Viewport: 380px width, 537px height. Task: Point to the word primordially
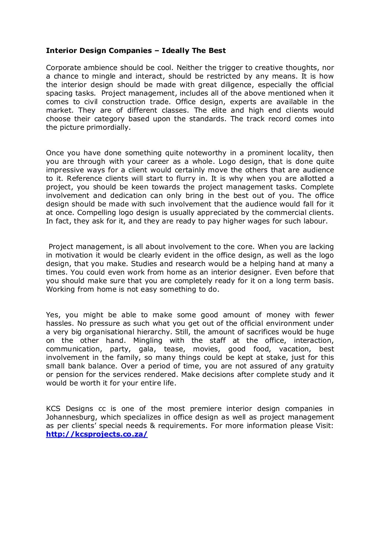109,127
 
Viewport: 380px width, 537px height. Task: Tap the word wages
273,221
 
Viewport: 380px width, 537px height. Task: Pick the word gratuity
318,366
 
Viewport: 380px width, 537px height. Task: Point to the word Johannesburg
69,417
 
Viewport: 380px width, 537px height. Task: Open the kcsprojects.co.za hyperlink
97,434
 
